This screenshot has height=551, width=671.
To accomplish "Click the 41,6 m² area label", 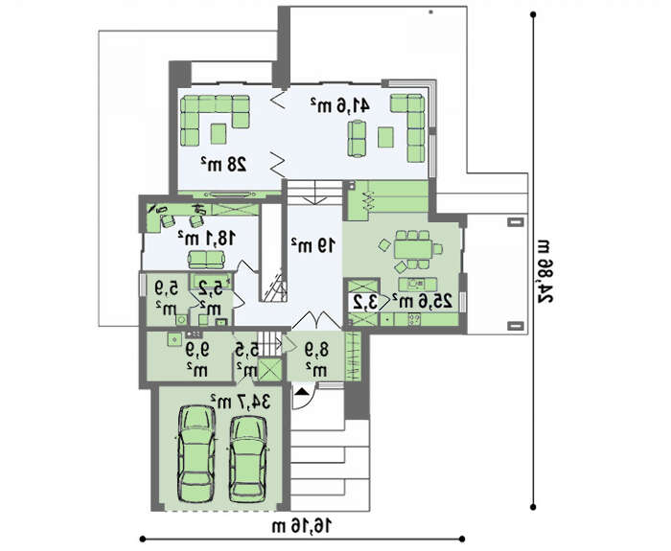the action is click(x=339, y=105).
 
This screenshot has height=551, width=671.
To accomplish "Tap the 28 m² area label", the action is click(x=223, y=164).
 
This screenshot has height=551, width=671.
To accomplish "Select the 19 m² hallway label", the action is click(x=313, y=245).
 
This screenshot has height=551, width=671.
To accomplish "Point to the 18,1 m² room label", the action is click(x=207, y=238).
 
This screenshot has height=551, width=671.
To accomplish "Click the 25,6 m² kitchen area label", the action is click(x=422, y=301).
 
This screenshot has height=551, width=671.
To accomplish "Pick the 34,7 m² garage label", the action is click(x=240, y=402).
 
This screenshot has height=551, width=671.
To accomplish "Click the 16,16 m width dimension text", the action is click(x=302, y=526).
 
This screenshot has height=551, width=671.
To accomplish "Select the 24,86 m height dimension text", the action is click(x=544, y=272).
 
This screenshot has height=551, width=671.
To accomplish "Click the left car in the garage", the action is click(x=197, y=454).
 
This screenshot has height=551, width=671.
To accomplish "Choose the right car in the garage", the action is click(x=248, y=459).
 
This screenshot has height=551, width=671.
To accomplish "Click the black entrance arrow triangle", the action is click(x=302, y=391).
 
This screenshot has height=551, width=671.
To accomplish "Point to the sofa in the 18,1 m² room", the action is click(x=207, y=259).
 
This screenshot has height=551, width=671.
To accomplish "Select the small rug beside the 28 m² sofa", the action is click(x=219, y=133).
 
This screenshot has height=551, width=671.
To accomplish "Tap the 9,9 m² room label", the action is click(x=197, y=359).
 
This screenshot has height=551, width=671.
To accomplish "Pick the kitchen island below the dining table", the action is click(x=418, y=284).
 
